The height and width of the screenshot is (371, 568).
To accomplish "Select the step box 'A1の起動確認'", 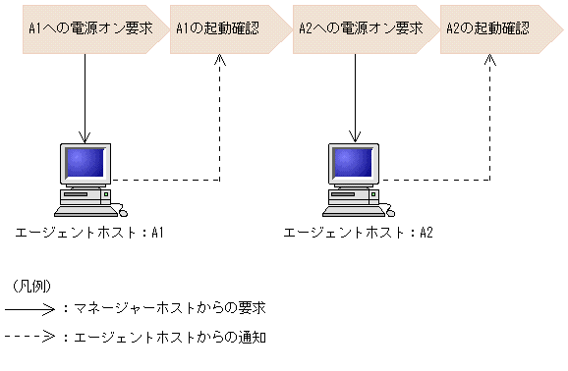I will (220, 28).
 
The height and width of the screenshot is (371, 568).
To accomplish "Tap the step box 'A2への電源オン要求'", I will (355, 28).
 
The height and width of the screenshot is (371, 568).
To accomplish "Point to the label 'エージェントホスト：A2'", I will (358, 234).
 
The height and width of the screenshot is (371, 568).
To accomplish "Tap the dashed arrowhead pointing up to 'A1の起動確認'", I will (220, 61).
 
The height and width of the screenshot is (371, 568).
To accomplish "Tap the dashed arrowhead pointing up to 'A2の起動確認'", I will (490, 61).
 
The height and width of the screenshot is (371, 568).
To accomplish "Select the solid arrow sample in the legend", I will (30, 308).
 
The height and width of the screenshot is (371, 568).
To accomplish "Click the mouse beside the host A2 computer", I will (389, 210).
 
